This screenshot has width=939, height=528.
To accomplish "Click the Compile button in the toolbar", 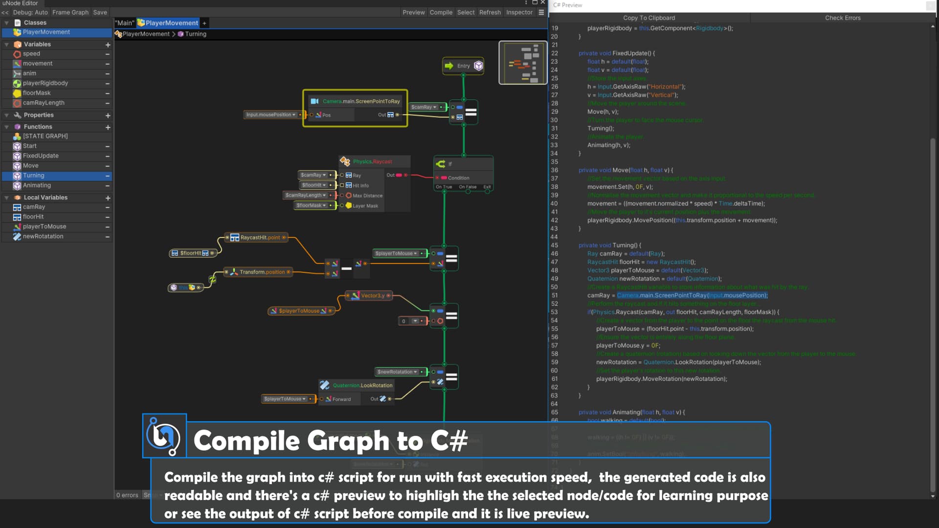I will pyautogui.click(x=441, y=12).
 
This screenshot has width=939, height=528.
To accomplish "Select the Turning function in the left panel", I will pyautogui.click(x=34, y=176).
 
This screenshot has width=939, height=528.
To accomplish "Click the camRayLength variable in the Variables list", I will pyautogui.click(x=44, y=103).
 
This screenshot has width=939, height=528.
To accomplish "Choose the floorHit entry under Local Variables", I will pyautogui.click(x=33, y=217).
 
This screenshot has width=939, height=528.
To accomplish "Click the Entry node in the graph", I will pyautogui.click(x=463, y=66).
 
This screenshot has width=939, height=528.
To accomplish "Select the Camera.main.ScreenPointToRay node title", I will pyautogui.click(x=361, y=101).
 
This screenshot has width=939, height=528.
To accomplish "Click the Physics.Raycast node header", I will pyautogui.click(x=372, y=162).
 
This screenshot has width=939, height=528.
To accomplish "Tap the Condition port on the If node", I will pyautogui.click(x=458, y=178).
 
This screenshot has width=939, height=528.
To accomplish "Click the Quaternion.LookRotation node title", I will pyautogui.click(x=362, y=386).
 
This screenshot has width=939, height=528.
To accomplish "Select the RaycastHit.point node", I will pyautogui.click(x=260, y=238).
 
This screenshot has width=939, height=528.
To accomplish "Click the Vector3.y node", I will pyautogui.click(x=372, y=296).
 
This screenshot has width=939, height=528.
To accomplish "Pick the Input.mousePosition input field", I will pyautogui.click(x=270, y=115).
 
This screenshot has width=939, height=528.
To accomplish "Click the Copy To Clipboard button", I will pyautogui.click(x=648, y=18).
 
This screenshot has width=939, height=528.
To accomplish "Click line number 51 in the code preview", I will pyautogui.click(x=554, y=295).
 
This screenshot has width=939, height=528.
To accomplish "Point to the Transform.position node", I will pyautogui.click(x=262, y=272).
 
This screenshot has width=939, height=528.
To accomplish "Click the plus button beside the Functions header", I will pyautogui.click(x=108, y=127).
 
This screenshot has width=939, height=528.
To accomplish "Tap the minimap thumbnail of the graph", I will pyautogui.click(x=522, y=63).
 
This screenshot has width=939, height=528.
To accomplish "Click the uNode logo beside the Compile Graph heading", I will pyautogui.click(x=164, y=436).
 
